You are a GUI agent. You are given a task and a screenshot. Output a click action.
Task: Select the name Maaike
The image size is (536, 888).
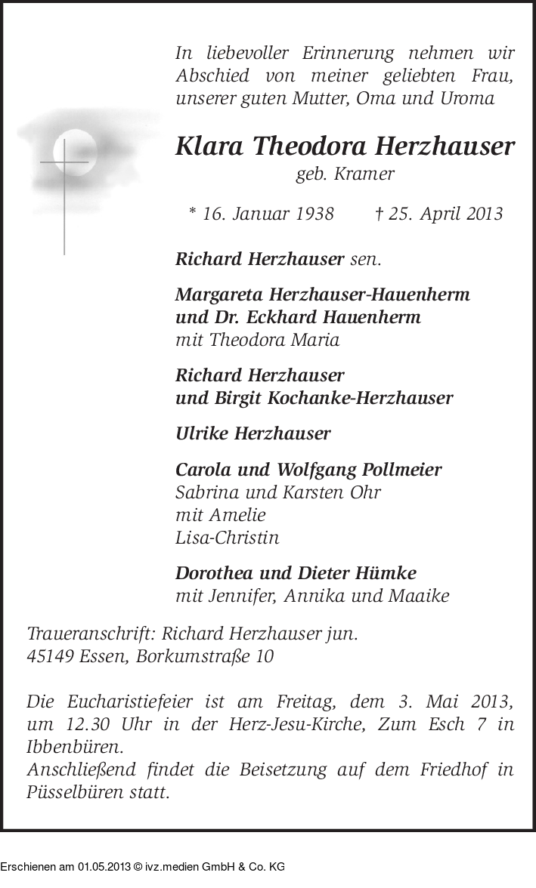(420, 597)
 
